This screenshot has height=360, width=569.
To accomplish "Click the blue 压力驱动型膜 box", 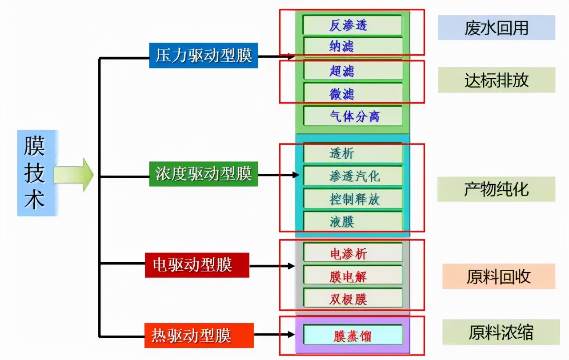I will pos(204,56).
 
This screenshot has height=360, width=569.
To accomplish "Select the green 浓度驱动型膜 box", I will pos(204,174).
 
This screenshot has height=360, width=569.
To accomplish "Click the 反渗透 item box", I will pos(352,25).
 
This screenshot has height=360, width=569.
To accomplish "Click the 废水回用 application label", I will pos(497,28).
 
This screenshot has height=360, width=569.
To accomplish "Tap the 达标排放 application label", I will pos(497,80).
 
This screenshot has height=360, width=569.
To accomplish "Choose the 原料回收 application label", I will pos(498,276).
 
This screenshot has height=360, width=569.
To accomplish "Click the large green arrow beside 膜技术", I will pos(73,174).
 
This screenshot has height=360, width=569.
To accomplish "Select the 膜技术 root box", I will pos(35,173).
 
